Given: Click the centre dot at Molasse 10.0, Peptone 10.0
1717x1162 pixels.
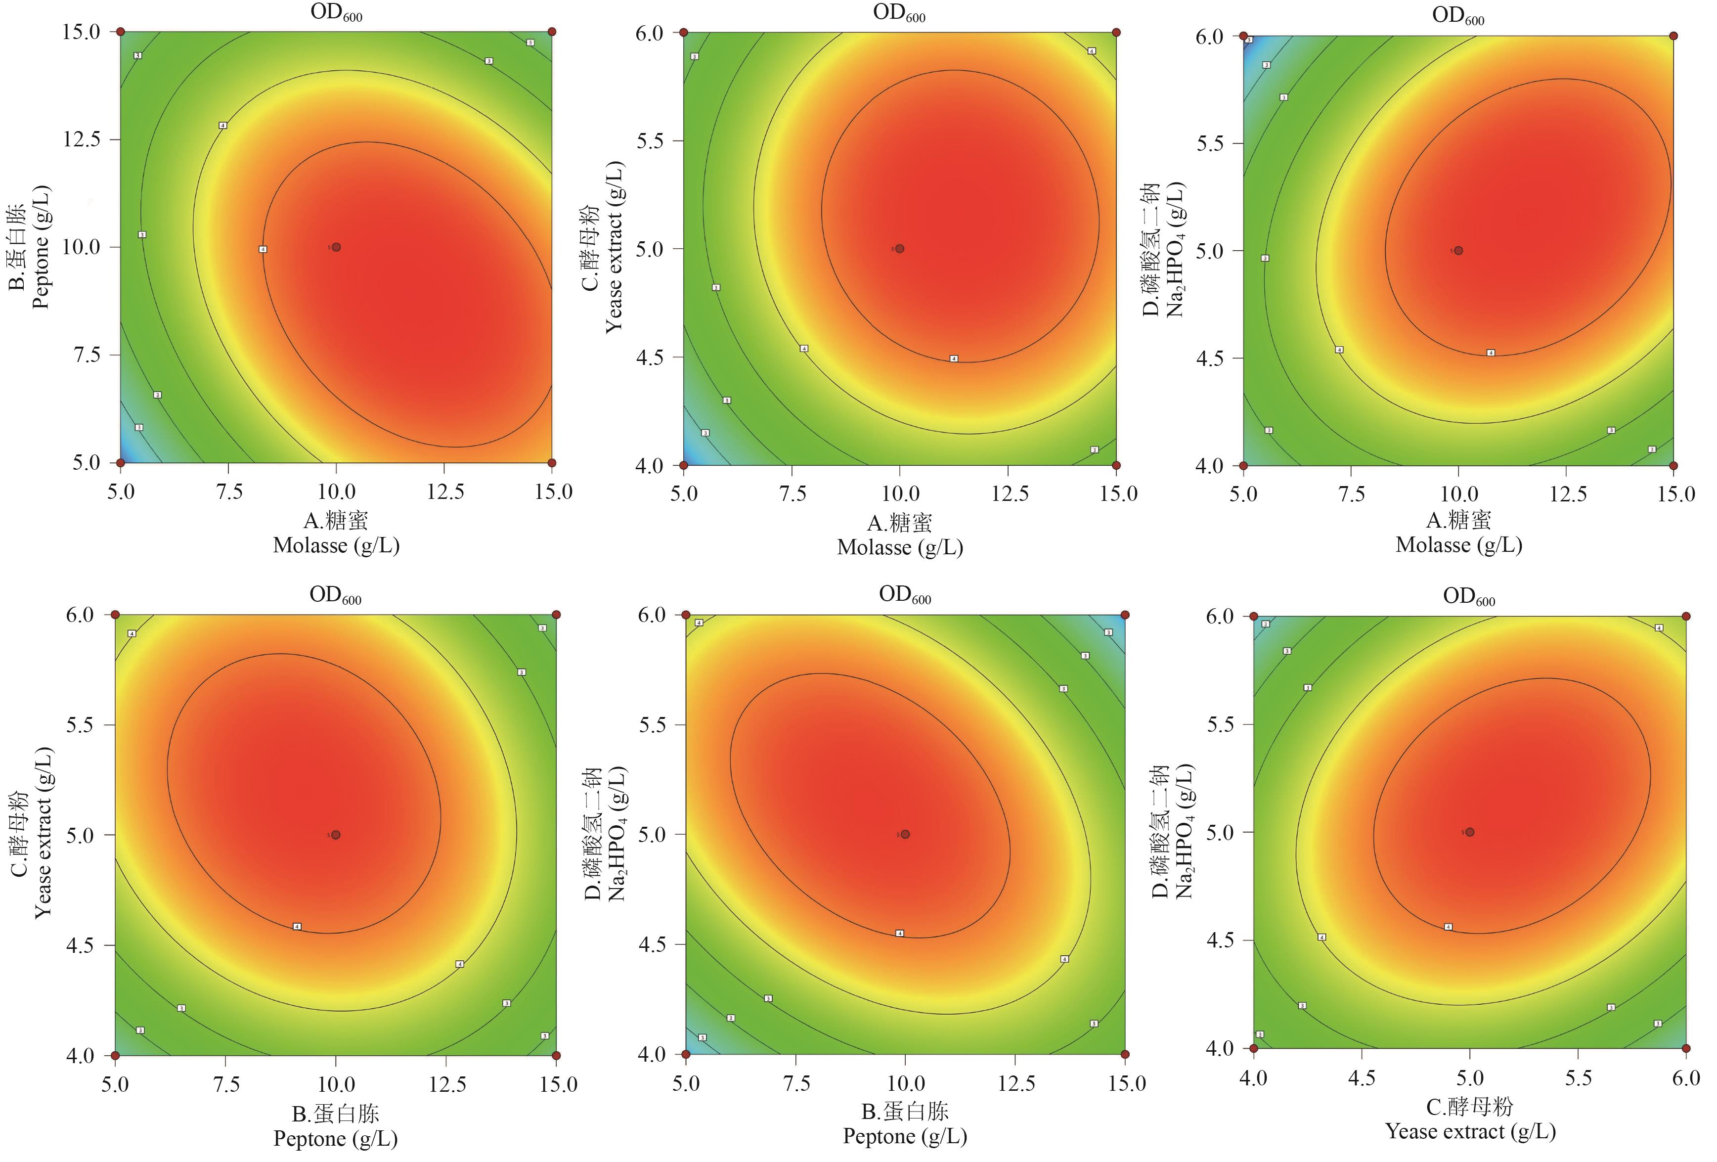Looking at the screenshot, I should click(x=336, y=247).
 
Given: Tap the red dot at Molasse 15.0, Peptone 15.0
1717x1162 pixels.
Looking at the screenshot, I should click(x=552, y=32).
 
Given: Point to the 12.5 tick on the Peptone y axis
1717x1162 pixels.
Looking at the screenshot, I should click(x=81, y=139).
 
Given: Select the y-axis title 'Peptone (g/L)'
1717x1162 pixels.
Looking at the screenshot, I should click(x=41, y=247).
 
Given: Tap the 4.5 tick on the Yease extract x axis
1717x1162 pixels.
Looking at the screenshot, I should click(x=1362, y=1078).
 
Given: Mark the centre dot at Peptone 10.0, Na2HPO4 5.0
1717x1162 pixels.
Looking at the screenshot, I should click(x=905, y=834).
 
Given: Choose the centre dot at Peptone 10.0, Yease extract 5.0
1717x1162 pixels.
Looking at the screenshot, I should click(x=336, y=835).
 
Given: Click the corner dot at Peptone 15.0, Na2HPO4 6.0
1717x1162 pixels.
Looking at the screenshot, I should click(x=1124, y=615).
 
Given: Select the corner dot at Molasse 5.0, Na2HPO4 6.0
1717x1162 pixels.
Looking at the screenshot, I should click(x=1243, y=36).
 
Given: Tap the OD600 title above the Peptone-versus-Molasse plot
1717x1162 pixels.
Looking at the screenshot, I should click(x=336, y=13).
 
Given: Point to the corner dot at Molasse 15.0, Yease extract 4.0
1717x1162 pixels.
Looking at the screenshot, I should click(x=1116, y=465).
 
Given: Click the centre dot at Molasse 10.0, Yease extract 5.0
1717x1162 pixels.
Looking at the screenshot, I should click(x=900, y=249).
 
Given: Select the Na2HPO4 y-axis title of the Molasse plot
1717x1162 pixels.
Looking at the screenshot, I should click(x=1174, y=250).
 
